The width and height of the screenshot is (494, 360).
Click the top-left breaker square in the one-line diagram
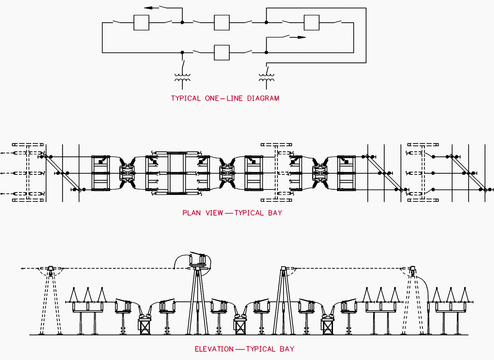[x=141, y=23]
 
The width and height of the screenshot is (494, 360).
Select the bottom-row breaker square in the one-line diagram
[x=222, y=52]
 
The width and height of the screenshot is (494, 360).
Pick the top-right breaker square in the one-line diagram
[x=311, y=23]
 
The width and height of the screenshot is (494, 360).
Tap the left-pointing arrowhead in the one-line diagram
[x=148, y=8]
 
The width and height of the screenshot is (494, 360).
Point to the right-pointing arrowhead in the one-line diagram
[x=301, y=37]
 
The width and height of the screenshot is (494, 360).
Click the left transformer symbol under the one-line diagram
[x=182, y=78]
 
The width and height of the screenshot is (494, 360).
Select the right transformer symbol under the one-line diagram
[x=266, y=78]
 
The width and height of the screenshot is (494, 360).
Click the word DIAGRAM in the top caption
[x=263, y=98]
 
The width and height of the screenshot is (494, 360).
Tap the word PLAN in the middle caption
[x=192, y=213]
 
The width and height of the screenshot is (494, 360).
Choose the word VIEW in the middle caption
[x=214, y=213]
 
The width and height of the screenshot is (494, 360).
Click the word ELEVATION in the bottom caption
[x=214, y=349]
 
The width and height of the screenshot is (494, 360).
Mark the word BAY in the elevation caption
[x=287, y=349]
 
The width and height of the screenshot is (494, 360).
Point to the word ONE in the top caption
[x=212, y=98]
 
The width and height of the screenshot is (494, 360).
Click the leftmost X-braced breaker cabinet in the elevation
[x=145, y=327]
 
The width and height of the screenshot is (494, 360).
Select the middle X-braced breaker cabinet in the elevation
[x=240, y=327]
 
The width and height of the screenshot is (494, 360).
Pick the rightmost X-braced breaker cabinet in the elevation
[x=327, y=327]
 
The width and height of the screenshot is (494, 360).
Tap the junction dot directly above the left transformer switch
[x=182, y=52]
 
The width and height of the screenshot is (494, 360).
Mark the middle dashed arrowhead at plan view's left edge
[x=3, y=173]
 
